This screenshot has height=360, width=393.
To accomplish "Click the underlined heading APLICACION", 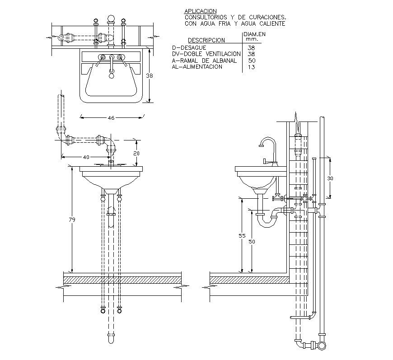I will pyautogui.click(x=201, y=11).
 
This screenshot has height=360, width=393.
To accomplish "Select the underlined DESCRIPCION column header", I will pyautogui.click(x=206, y=40).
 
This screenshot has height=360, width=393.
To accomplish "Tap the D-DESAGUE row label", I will pyautogui.click(x=189, y=47).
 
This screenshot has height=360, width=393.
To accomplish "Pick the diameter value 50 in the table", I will pyautogui.click(x=252, y=60).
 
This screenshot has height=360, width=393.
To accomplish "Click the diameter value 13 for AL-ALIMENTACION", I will pyautogui.click(x=252, y=67).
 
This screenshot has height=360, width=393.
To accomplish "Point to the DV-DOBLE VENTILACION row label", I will pyautogui.click(x=206, y=54).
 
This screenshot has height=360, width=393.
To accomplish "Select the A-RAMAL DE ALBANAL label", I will pyautogui.click(x=204, y=60).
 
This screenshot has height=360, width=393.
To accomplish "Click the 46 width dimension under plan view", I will pyautogui.click(x=111, y=118).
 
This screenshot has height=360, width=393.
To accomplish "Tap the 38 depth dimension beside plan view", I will pyautogui.click(x=150, y=76).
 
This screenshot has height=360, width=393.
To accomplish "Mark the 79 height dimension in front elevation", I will pyautogui.click(x=72, y=220).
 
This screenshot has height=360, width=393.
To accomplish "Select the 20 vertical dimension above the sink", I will pyautogui.click(x=136, y=154).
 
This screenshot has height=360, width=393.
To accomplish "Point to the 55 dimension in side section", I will pyautogui.click(x=242, y=236).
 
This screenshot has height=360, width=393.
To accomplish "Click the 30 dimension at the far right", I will pyautogui.click(x=330, y=178).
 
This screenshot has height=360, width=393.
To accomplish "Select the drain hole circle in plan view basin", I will pyautogui.click(x=111, y=76).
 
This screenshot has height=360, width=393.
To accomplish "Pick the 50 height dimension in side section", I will pyautogui.click(x=252, y=242).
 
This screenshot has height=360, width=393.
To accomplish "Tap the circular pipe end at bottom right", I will pyautogui.click(x=322, y=346).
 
